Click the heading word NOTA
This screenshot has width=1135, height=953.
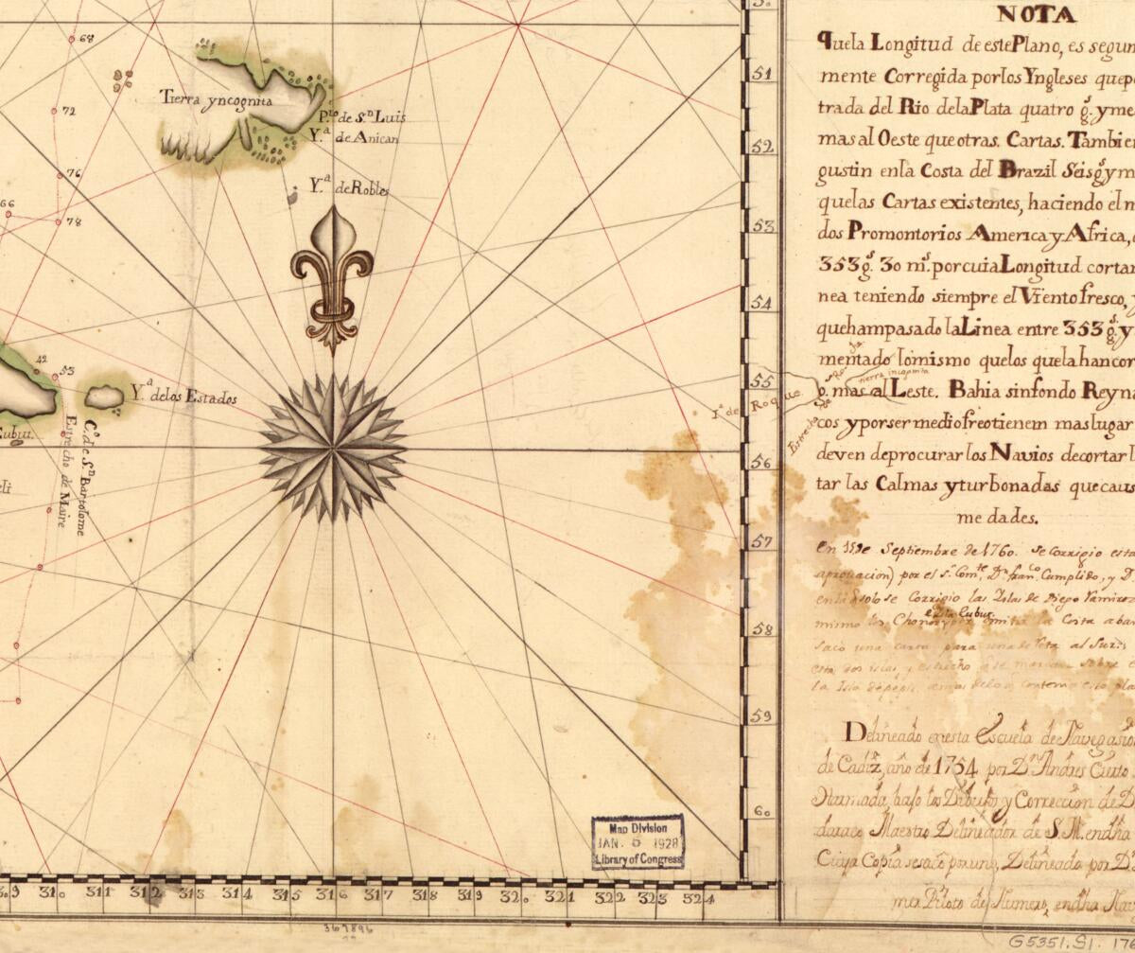tap(1036, 15)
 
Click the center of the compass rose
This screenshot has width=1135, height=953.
tap(333, 448)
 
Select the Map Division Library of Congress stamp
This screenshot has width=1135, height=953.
tap(637, 841)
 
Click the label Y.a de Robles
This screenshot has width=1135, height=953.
tap(349, 188)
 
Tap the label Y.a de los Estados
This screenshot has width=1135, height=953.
tap(183, 397)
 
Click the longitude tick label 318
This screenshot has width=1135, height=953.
tap(424, 894)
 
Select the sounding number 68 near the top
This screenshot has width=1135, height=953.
tap(88, 39)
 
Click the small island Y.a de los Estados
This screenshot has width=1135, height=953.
tap(104, 397)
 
